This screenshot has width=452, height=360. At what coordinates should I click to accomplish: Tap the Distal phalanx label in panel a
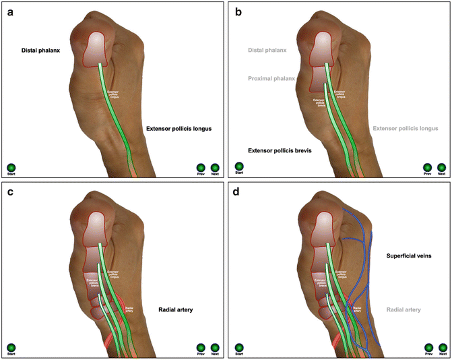click(40, 50)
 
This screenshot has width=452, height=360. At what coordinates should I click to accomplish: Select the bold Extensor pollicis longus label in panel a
click(179, 128)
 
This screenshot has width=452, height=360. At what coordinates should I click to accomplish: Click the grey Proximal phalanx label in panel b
click(270, 78)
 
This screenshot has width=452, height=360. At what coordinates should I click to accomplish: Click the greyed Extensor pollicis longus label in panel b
click(406, 128)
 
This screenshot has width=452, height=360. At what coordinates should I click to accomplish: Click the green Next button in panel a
click(215, 167)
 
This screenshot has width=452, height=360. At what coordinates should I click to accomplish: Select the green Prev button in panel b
click(427, 167)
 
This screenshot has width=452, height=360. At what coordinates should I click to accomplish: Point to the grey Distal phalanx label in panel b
click(267, 50)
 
